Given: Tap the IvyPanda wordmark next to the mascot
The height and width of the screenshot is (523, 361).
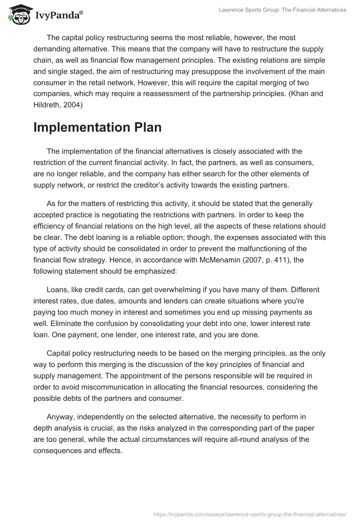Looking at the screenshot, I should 58,16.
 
